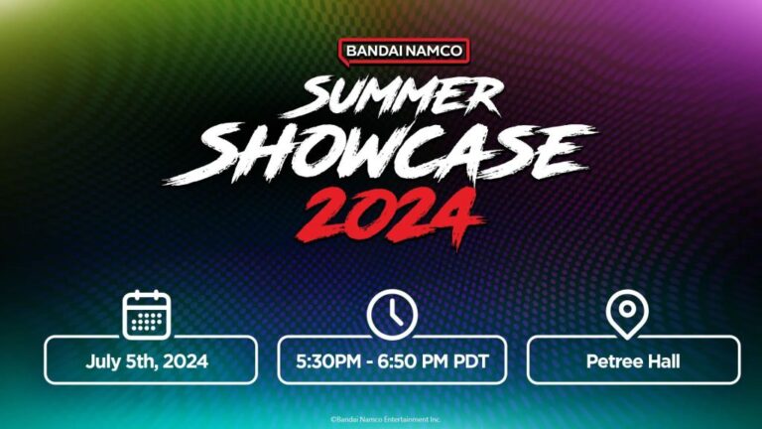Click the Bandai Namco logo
coord(404,51)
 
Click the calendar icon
coord(147,315)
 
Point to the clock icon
coord(392,315)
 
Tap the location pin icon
coord(626,315)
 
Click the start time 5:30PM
coord(327,361)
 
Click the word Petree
coord(612,361)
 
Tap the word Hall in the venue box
coord(661,361)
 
